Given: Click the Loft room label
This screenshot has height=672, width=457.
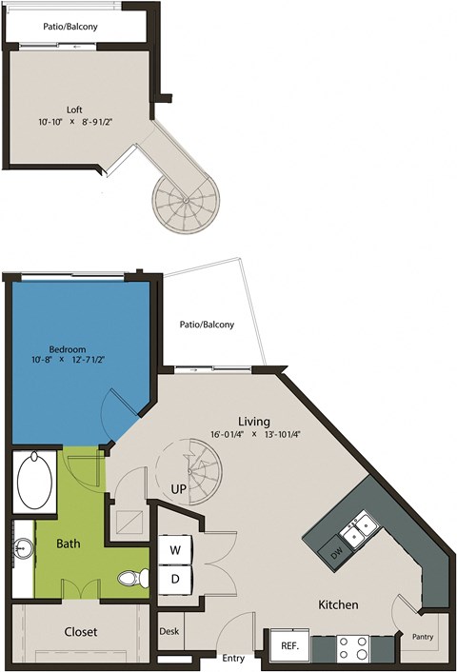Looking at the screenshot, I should click(x=72, y=109).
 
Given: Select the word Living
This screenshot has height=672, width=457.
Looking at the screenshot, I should click(x=254, y=421).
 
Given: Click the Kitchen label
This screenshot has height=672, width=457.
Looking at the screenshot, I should click(x=338, y=604).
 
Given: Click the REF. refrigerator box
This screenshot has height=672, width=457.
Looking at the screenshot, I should click(x=289, y=645).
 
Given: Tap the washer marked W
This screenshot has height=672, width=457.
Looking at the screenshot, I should click(x=175, y=550).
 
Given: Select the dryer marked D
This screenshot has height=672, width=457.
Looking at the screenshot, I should click(x=175, y=577).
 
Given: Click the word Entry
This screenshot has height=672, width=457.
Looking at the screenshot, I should click(x=232, y=658).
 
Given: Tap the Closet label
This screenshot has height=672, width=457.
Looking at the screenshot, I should click(x=81, y=631).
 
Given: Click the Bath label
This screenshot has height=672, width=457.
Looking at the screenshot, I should click(x=68, y=544).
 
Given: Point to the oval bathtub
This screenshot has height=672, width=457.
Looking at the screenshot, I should click(x=35, y=483).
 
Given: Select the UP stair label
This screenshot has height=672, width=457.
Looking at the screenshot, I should click(x=178, y=488).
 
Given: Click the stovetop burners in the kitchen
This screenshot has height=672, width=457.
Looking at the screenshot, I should click(x=353, y=647).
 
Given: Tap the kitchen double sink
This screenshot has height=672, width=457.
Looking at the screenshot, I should click(x=360, y=531).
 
